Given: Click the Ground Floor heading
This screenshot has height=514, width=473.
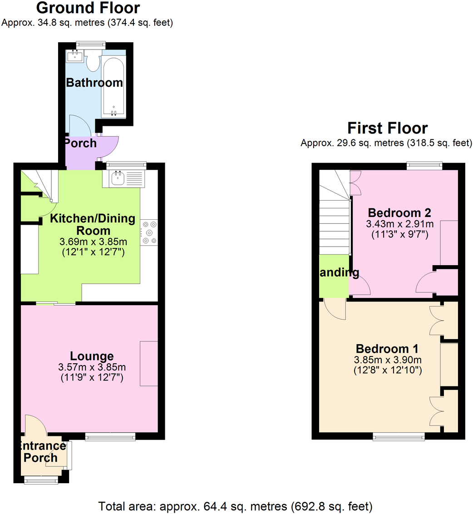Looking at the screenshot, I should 88,8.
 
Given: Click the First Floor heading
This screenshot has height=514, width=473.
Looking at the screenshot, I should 387,128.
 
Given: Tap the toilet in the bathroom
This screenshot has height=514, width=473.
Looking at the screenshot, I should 94,62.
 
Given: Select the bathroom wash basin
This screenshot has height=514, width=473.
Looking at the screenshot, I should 74,57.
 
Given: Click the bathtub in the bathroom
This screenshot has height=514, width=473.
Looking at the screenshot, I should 113,84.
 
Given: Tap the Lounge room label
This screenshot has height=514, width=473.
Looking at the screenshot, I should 92,356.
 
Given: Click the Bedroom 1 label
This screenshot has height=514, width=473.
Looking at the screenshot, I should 387,349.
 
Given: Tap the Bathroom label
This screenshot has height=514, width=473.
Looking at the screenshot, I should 94,83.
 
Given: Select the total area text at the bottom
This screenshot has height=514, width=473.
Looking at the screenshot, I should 236,505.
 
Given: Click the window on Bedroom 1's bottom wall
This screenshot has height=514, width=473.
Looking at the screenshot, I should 399,436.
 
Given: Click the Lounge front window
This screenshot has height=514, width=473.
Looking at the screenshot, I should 110,437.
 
